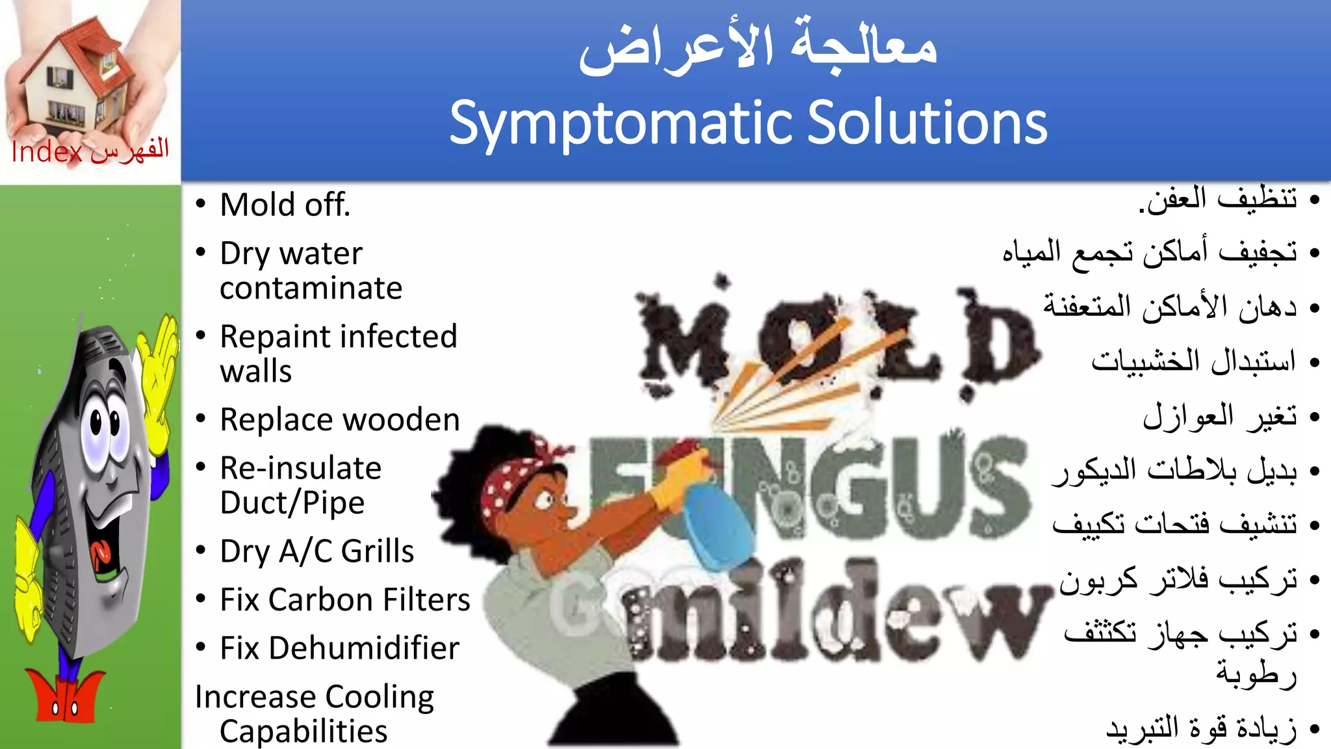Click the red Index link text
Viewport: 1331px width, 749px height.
[47, 152]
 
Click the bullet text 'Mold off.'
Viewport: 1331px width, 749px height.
[285, 205]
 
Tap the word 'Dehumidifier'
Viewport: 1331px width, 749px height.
[364, 648]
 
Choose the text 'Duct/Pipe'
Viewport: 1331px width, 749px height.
[292, 503]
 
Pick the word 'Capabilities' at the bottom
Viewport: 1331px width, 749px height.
[304, 731]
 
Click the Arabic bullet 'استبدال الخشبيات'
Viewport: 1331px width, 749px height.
[1193, 361]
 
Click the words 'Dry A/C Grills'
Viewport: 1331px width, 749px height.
[317, 551]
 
